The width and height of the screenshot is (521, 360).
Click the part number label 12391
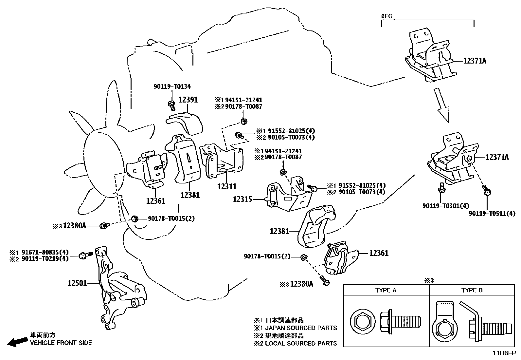(188, 100)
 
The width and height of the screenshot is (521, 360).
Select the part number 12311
(227, 186)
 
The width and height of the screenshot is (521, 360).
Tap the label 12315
(243, 199)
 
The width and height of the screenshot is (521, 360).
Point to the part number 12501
(77, 283)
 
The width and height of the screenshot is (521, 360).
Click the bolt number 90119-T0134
(172, 87)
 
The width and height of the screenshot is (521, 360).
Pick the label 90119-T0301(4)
(445, 206)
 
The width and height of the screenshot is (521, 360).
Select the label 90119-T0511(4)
(492, 214)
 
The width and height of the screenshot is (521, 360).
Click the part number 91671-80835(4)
(45, 252)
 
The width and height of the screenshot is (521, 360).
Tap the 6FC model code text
(387, 16)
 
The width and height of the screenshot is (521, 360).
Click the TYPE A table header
(386, 290)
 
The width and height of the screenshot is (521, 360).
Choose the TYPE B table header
(472, 290)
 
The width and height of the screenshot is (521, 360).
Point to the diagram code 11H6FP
(504, 353)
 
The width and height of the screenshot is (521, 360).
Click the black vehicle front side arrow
(17, 342)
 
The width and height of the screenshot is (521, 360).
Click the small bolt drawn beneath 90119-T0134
(171, 104)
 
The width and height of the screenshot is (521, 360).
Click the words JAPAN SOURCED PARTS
(301, 328)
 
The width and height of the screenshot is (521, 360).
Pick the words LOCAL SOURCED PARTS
(301, 343)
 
